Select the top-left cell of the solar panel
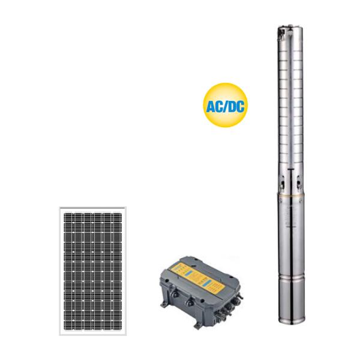point(68,217)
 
